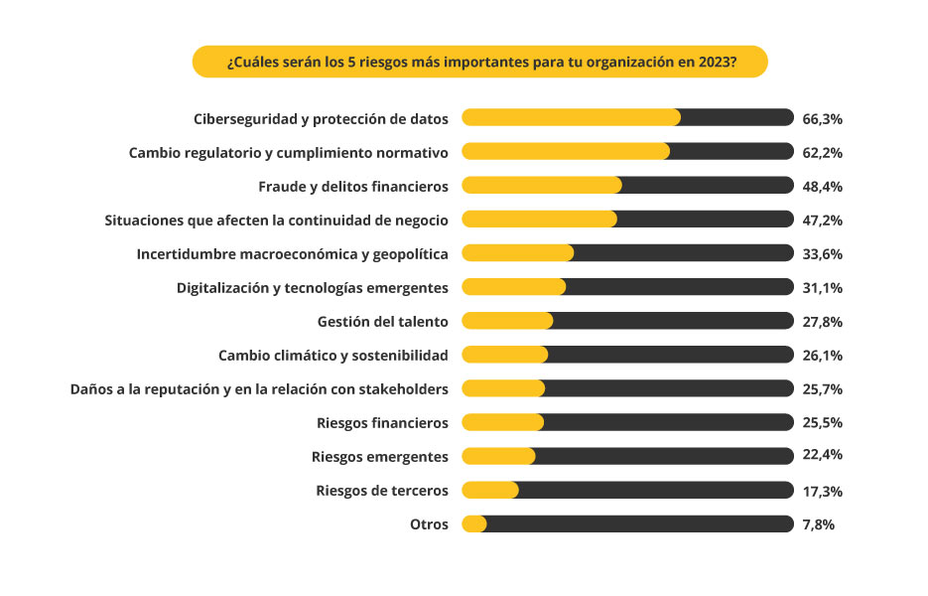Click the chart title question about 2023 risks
click(480, 62)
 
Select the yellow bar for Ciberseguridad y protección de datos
click(571, 117)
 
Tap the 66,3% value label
click(822, 118)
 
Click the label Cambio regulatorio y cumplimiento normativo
click(289, 152)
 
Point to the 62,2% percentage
click(822, 152)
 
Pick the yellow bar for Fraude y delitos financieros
click(542, 185)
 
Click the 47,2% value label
click(822, 220)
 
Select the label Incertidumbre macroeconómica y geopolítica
click(292, 253)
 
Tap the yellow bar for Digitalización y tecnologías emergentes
click(514, 287)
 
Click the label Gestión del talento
click(382, 321)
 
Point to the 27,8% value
click(822, 321)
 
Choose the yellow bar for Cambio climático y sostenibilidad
click(505, 355)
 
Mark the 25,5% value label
click(822, 422)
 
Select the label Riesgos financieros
click(382, 422)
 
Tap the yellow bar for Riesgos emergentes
click(498, 456)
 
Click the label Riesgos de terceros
click(382, 490)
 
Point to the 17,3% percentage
click(822, 491)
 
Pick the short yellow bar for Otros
click(474, 523)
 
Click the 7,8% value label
click(818, 524)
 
